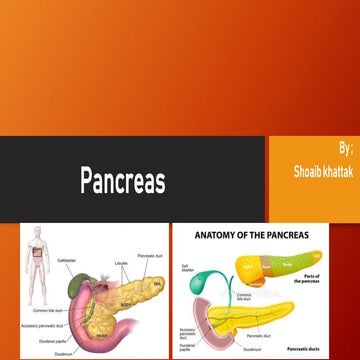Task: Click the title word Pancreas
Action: (x=122, y=182)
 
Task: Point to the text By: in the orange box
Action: (x=345, y=147)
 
